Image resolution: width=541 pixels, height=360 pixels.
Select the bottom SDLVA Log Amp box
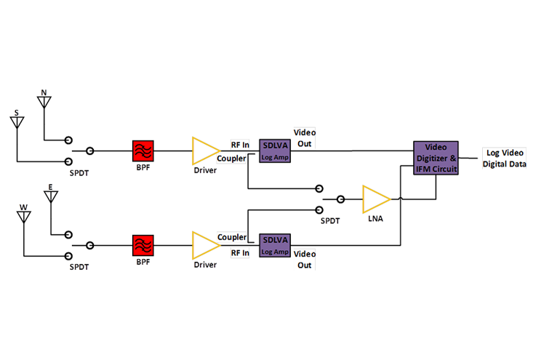[x=275, y=243]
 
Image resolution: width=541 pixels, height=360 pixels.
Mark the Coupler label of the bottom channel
[x=231, y=237]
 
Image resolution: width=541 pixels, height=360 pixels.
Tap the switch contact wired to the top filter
[x=89, y=151]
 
